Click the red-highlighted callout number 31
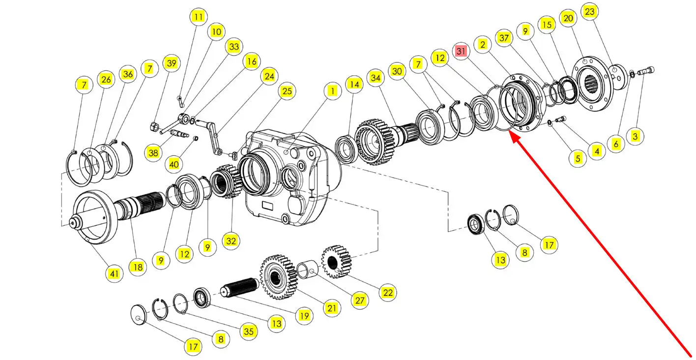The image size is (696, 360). tap(461, 51)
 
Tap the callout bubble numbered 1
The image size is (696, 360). tap(332, 91)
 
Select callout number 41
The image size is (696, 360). tap(115, 273)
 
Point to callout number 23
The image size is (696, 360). tap(589, 12)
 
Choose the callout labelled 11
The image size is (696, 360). tap(199, 17)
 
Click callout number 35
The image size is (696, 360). tap(249, 331)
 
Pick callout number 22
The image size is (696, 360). tap(388, 293)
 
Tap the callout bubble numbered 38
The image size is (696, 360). tap(153, 152)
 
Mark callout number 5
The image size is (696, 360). tap(578, 158)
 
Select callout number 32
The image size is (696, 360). tap(231, 241)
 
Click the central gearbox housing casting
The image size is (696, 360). tap(292, 177)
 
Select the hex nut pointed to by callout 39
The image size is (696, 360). tap(155, 126)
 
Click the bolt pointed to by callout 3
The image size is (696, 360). tap(646, 71)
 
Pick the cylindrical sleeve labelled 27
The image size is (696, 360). tap(307, 269)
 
